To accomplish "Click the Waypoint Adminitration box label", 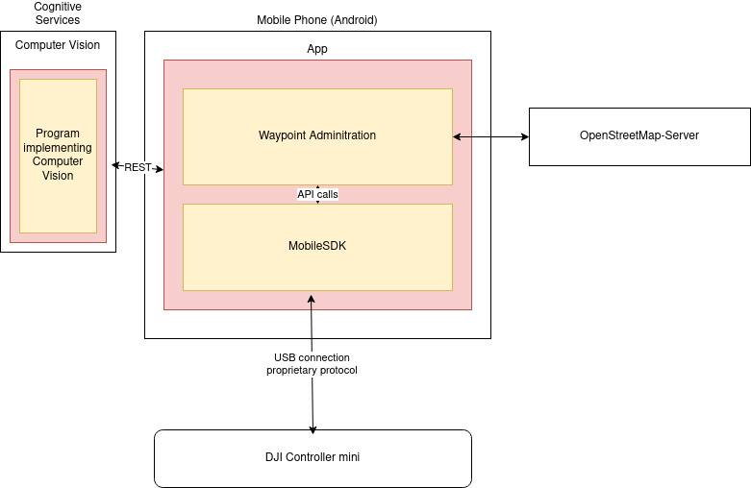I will (317, 135).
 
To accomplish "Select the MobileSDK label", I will (317, 246).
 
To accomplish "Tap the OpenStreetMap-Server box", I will (638, 135).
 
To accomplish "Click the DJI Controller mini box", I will (313, 457).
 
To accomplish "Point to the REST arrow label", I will (138, 168).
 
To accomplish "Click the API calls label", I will (317, 194).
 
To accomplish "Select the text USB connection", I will (312, 358).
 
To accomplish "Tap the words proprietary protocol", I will (312, 371).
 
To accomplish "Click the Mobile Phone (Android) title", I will (317, 20).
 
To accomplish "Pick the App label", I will (317, 49).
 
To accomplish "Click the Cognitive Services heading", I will (58, 13).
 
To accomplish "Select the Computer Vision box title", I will (58, 45).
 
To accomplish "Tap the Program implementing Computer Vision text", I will (58, 155).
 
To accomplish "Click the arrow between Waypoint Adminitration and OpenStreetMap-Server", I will (490, 136).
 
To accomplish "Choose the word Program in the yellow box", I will (58, 134).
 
